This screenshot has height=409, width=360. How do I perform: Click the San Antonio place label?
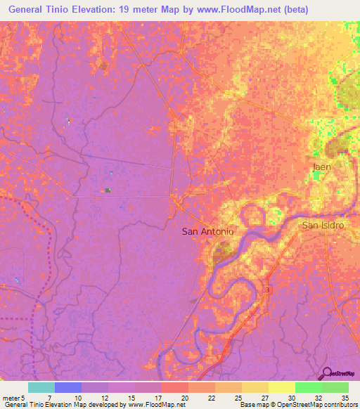207,231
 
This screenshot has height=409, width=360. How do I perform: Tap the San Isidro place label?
322,226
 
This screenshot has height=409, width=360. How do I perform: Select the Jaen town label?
321,167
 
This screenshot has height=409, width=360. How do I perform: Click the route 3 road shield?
267,290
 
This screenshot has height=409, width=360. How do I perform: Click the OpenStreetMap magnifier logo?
326,373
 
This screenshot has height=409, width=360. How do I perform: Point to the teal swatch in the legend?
41,387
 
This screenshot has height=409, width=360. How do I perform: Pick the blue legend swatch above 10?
67,387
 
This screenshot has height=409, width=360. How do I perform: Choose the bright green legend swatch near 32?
308,387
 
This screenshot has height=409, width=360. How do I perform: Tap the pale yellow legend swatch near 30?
281,387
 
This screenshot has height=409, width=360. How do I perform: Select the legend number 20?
184,398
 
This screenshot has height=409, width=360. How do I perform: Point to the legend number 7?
49,398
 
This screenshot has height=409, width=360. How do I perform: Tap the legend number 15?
130,398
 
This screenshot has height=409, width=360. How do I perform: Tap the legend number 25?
238,398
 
